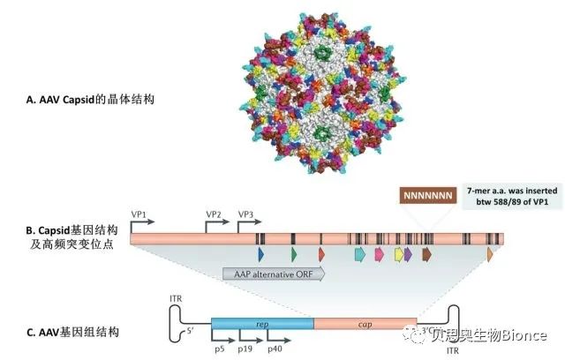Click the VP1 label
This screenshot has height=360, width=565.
139,214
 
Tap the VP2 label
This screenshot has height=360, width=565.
214,214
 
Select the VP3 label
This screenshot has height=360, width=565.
245,214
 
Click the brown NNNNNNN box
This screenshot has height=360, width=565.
428,196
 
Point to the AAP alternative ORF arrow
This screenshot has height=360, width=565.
274,274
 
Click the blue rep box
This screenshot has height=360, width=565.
263,324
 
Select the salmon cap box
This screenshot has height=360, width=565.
365,324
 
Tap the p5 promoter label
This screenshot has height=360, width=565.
220,349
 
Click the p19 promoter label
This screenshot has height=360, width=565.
245,349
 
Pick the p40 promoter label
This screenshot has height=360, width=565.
275,349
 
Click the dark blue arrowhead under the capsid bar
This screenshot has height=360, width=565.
261,254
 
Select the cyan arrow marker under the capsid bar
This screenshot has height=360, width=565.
360,254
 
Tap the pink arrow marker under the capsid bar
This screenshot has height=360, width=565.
379,254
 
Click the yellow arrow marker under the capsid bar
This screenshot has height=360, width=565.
399,254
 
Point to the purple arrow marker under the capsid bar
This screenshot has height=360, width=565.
408,254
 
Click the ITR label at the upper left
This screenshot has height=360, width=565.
176,299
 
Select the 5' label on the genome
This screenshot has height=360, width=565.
190,331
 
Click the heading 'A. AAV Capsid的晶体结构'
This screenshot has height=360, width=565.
90,100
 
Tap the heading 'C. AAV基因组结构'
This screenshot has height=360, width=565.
72,332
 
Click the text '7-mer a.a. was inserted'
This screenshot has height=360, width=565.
512,191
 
